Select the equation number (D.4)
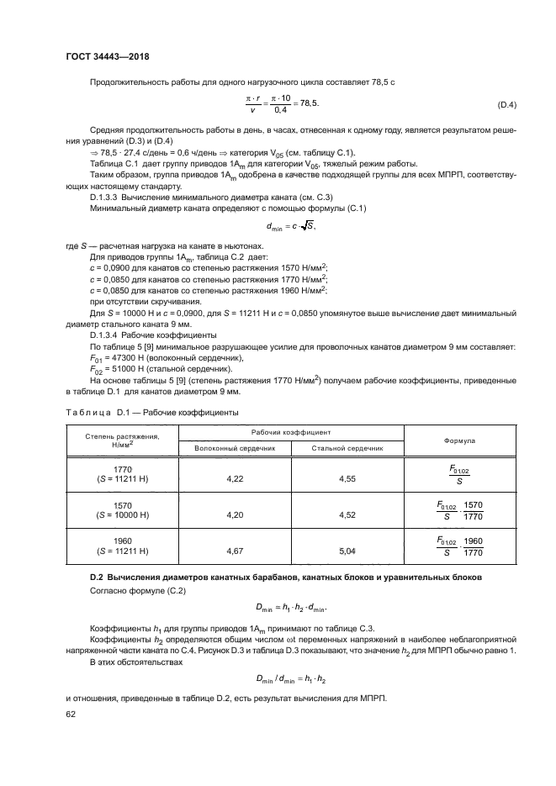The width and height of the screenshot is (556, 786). click(x=507, y=105)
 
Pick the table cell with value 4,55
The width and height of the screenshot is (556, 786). click(x=347, y=478)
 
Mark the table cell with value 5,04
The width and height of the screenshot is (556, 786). click(x=347, y=551)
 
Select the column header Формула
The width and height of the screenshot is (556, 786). click(x=459, y=440)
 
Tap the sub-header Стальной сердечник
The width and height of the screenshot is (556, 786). click(x=347, y=448)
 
